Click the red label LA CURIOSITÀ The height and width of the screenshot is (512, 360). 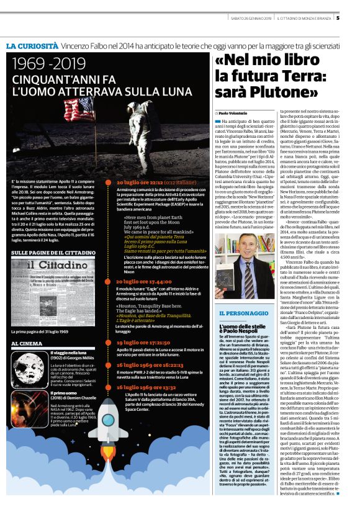(33, 46)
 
